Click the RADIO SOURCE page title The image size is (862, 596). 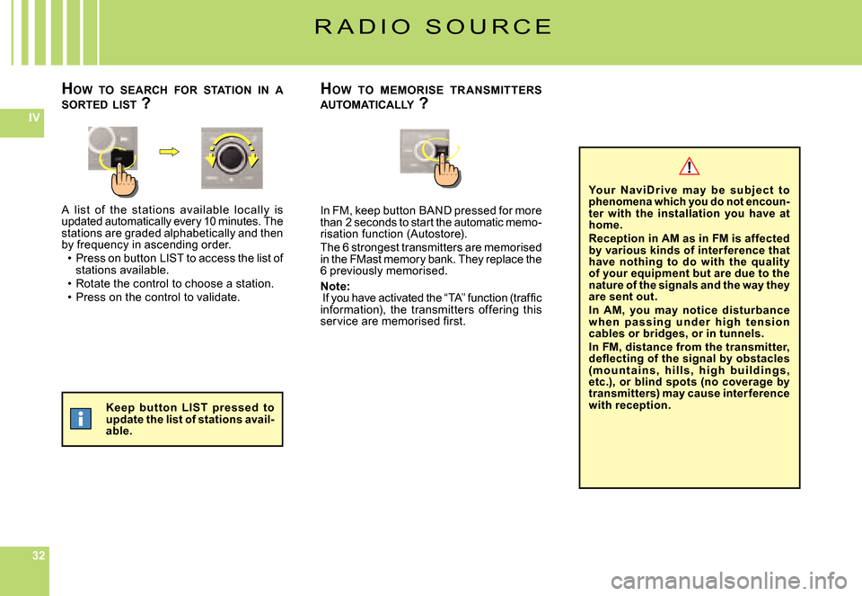pos(433,26)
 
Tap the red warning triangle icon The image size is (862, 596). pos(689,166)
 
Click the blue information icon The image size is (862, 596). pos(81,419)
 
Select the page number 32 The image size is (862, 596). pos(39,556)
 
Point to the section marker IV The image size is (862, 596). pos(34,117)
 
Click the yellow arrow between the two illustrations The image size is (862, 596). pos(170,151)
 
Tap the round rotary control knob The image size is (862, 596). pos(232,158)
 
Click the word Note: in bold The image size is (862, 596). pos(335,286)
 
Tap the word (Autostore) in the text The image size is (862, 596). pos(436,234)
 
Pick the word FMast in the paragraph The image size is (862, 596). pos(365,259)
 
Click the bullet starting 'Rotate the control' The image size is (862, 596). pos(174,284)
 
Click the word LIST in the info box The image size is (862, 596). pos(194,408)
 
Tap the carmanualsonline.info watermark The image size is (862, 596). pos(728,579)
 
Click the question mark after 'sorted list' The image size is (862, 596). pos(145,102)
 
